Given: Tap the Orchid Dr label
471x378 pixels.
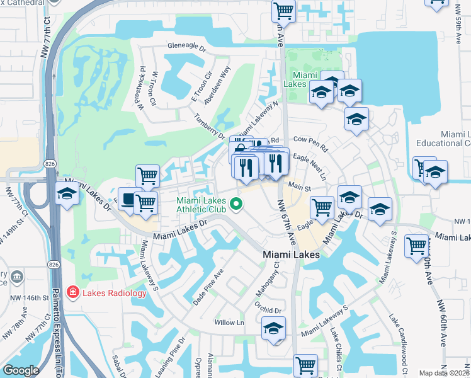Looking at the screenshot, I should click(x=268, y=310).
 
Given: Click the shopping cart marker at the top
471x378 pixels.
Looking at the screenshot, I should click(x=283, y=11).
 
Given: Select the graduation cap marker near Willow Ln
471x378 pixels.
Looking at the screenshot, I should click(x=273, y=328).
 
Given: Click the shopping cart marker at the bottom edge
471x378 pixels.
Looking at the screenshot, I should click(x=305, y=364).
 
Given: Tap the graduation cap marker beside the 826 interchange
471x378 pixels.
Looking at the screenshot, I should click(x=67, y=193).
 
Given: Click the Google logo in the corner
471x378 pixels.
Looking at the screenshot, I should click(x=21, y=370).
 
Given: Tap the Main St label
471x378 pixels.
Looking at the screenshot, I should click(x=300, y=187).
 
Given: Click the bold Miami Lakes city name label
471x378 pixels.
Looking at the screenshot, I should click(x=290, y=255).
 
